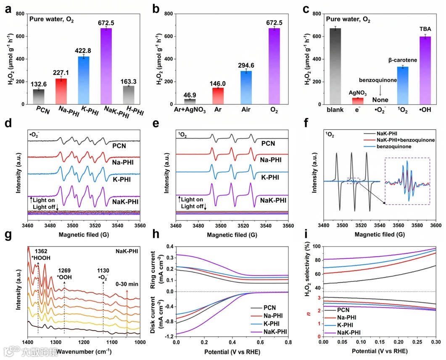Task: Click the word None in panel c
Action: pos(380,100)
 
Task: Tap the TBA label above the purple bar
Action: pos(425,29)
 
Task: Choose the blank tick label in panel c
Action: pos(335,110)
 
